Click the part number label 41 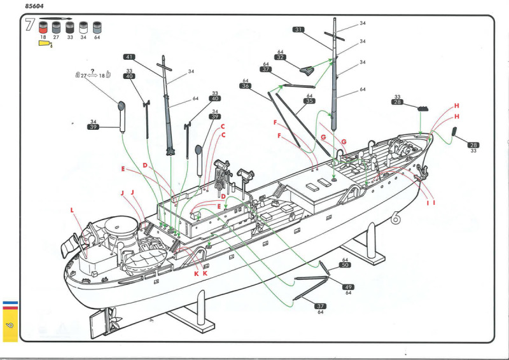pos(129,56)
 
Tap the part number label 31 pos(299,29)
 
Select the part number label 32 pos(281,57)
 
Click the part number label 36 pos(246,87)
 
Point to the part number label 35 pos(310,101)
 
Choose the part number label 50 pos(345,265)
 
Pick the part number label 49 pos(348,287)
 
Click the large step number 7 pos(29,25)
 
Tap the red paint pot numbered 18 pos(43,29)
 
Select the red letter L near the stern pos(72,209)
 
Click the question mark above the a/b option pos(93,71)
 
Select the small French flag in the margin pos(9,304)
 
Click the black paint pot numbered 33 pos(69,28)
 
